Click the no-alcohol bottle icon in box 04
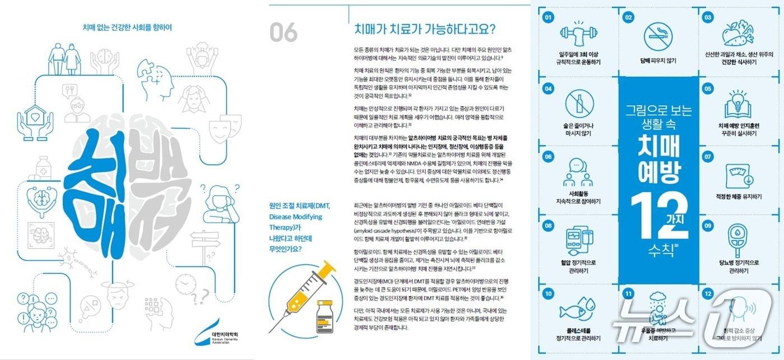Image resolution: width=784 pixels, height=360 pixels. pyautogui.click(x=578, y=106)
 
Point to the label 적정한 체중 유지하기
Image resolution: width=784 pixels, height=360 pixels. pyautogui.click(x=738, y=197)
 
